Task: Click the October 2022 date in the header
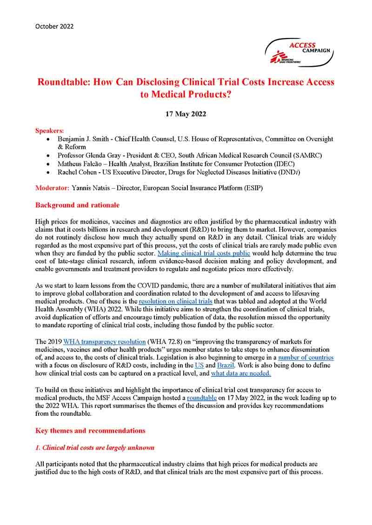point(54,26)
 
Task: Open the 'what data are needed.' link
point(241,374)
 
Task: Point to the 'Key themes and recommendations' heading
point(90,430)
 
